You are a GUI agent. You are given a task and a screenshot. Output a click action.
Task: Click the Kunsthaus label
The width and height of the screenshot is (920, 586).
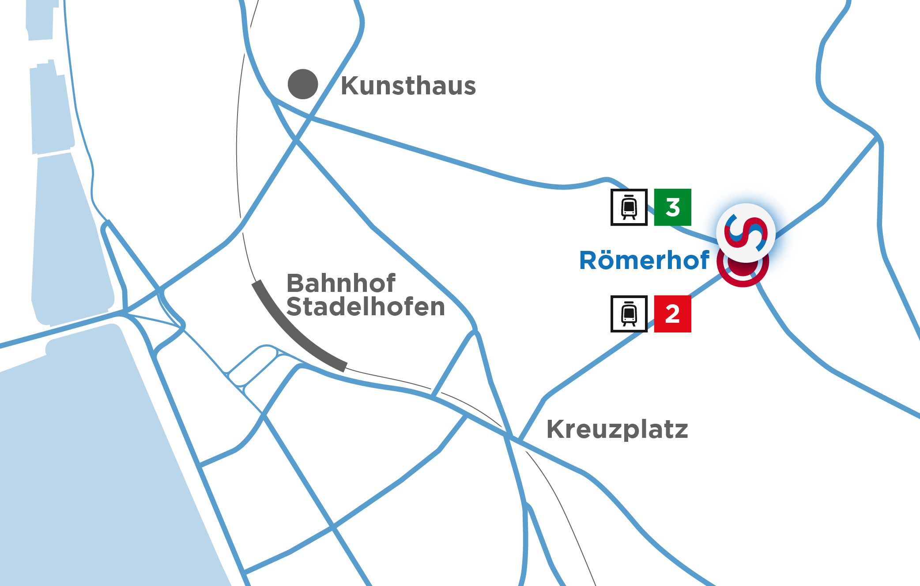coord(408,86)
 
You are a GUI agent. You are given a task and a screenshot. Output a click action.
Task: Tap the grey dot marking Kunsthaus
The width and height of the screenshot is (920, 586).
coord(303,84)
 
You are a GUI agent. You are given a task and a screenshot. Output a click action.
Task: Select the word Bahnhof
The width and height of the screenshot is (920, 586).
coord(341,283)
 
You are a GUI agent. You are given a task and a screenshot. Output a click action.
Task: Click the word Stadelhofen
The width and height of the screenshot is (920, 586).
coord(366,307)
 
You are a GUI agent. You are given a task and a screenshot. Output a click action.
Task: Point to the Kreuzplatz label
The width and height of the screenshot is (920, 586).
coord(617,429)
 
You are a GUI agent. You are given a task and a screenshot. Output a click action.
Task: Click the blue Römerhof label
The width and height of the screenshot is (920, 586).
coord(644,260)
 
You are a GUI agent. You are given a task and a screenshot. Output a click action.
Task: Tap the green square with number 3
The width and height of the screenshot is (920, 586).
coord(672,207)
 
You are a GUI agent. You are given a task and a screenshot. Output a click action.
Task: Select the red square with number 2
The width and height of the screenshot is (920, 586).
coord(672,314)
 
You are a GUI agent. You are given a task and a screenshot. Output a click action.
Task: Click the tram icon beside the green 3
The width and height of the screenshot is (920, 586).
coord(629,207)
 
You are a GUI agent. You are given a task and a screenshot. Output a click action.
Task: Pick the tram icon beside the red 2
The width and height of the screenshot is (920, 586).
coord(629,314)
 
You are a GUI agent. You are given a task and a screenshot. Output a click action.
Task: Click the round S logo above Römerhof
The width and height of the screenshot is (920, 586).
coord(746,232)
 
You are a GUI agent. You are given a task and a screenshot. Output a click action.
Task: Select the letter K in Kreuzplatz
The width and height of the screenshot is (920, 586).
coord(555,429)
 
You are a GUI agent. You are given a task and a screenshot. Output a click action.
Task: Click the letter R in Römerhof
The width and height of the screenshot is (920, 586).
coord(588,261)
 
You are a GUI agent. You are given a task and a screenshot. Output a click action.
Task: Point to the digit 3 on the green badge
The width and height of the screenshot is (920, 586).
coord(673,207)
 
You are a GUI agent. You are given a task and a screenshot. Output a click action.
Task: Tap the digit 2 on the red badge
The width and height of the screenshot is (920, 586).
coord(672,314)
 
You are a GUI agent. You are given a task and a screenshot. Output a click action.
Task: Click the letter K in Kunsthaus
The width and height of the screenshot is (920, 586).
coord(350,86)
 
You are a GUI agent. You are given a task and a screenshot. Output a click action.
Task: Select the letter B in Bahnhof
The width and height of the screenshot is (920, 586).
coord(296,283)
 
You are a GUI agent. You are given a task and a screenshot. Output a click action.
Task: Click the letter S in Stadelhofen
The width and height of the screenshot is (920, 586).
coord(295,307)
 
